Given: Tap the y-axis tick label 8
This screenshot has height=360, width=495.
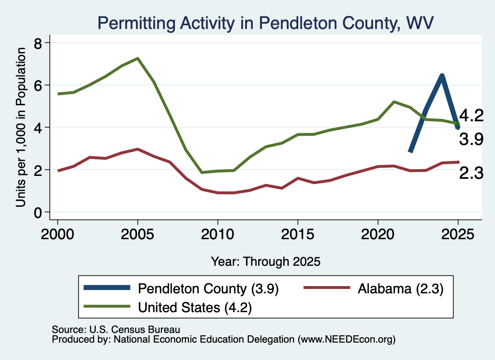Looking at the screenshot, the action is [38, 43].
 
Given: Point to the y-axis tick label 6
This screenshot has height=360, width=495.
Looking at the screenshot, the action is [38, 86].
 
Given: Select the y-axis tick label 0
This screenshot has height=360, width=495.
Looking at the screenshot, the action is [38, 213].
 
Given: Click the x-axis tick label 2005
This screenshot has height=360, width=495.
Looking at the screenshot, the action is [137, 234].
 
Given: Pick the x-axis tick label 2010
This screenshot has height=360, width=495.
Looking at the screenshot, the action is [218, 234].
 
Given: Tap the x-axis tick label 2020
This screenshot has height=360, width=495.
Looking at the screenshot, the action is [378, 234].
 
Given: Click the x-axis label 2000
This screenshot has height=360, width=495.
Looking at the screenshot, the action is [58, 234].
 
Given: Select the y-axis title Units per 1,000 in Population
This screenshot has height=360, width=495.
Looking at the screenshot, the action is [20, 127].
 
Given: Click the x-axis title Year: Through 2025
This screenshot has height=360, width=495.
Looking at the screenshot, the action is [265, 262].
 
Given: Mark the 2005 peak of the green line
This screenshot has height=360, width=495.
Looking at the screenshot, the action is [138, 58].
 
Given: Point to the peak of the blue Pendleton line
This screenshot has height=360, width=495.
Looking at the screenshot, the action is [442, 76].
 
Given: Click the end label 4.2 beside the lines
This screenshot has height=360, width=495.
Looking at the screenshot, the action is [471, 115].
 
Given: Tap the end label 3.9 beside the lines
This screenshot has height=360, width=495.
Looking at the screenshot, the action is [471, 139].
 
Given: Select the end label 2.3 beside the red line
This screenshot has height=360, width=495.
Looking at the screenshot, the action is [471, 173].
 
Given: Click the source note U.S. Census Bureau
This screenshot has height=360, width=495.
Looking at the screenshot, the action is [135, 330].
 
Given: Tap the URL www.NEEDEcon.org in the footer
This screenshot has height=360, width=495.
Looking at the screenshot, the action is [346, 340].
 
